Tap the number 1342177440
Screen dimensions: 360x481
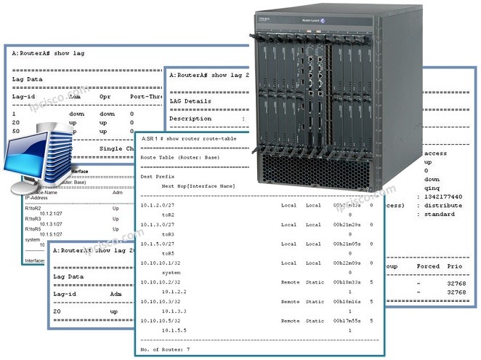click(x=442, y=196)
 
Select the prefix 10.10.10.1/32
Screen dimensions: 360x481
click(x=158, y=262)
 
